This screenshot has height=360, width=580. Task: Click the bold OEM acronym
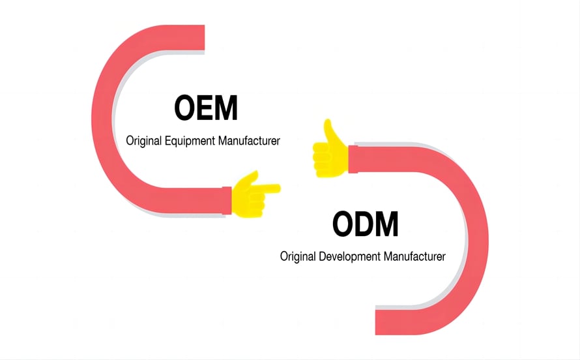click(x=206, y=108)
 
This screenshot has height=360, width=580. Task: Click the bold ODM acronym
click(x=365, y=224)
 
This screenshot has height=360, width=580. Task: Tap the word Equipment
click(x=190, y=141)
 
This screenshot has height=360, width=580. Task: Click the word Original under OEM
click(x=144, y=141)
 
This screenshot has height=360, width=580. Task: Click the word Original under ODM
click(x=298, y=256)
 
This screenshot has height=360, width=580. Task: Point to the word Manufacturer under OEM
click(x=249, y=141)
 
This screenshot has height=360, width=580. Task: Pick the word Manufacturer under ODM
click(x=414, y=256)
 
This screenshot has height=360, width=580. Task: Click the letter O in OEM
click(x=185, y=108)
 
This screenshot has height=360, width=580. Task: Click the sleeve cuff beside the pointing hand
click(x=227, y=200)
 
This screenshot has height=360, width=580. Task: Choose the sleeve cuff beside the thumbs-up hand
click(x=353, y=159)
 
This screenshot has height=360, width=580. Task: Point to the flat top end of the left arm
click(x=204, y=37)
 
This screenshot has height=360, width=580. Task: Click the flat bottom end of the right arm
click(x=377, y=322)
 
